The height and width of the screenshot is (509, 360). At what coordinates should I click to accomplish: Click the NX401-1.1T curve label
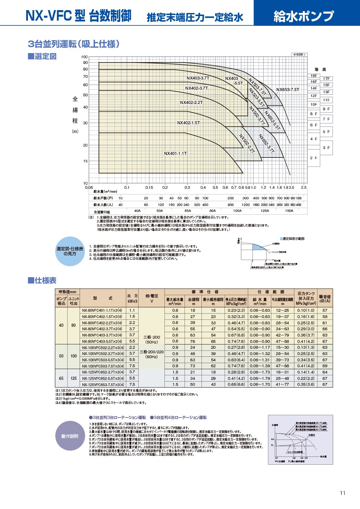pyautogui.click(x=175, y=154)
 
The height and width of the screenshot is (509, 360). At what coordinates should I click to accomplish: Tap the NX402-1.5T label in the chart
pyautogui.click(x=189, y=123)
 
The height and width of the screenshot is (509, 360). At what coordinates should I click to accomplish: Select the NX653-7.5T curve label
pyautogui.click(x=288, y=90)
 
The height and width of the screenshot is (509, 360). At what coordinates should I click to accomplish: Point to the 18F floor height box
pyautogui.click(x=314, y=76)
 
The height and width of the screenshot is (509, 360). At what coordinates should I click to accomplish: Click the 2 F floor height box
pyautogui.click(x=314, y=158)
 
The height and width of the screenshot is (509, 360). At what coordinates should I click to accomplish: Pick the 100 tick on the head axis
pyautogui.click(x=85, y=57)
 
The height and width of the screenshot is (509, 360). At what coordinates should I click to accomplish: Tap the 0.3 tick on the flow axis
pyautogui.click(x=188, y=187)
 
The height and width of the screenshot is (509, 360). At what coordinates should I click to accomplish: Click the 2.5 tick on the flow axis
pyautogui.click(x=304, y=187)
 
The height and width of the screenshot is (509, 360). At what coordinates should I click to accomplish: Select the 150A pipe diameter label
pyautogui.click(x=289, y=211)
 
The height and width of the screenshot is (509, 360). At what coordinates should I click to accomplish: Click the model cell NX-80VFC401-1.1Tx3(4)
pyautogui.click(x=102, y=310)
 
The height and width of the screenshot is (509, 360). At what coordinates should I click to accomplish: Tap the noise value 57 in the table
pyautogui.click(x=325, y=310)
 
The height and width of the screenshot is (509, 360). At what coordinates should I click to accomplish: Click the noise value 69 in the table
pyautogui.click(x=325, y=366)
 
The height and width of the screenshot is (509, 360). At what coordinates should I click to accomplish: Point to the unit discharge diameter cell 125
pyautogui.click(x=73, y=378)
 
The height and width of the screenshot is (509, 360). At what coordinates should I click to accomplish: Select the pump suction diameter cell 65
pyautogui.click(x=61, y=378)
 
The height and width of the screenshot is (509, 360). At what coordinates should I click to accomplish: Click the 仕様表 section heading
pyautogui.click(x=42, y=281)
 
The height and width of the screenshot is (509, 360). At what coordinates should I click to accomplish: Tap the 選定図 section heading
pyautogui.click(x=42, y=57)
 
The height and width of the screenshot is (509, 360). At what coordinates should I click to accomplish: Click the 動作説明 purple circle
pyautogui.click(x=70, y=436)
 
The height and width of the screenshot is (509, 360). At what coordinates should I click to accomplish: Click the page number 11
pyautogui.click(x=343, y=493)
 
